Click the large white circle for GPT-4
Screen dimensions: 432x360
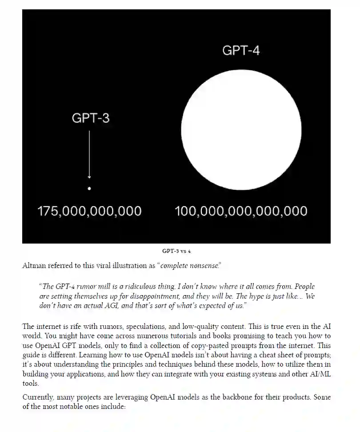point(241,130)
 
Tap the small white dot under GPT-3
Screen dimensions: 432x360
point(89,188)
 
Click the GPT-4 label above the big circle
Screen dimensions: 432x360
point(241,50)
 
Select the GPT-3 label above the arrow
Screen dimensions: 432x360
point(91,118)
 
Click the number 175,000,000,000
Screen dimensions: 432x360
point(89,211)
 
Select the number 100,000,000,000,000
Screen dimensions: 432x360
point(241,211)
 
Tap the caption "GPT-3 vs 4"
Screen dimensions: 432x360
point(176,251)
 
